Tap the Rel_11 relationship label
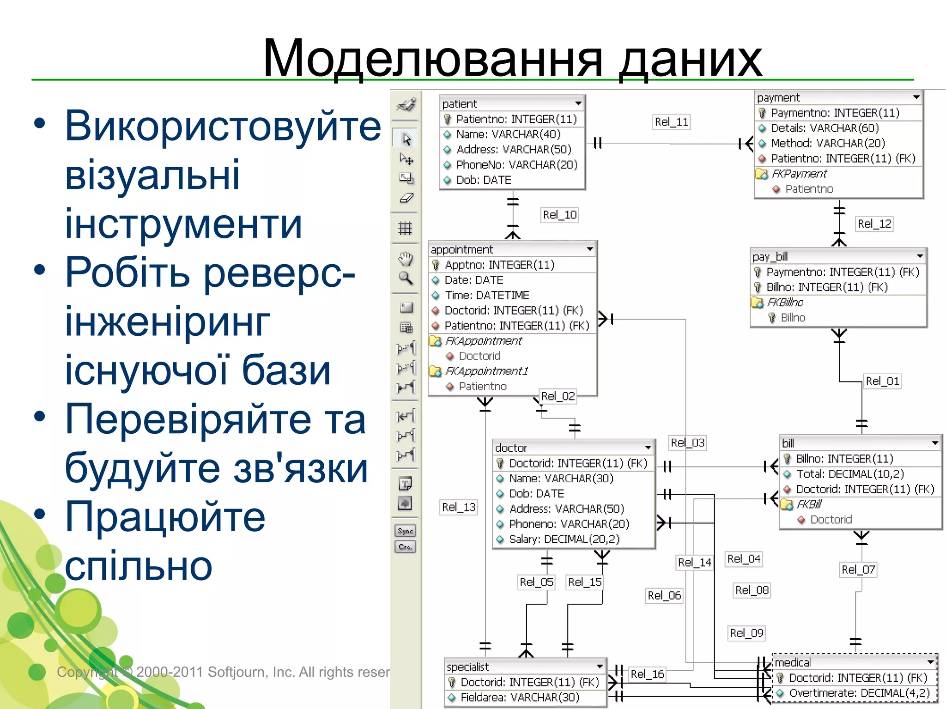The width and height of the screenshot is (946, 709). coord(671,122)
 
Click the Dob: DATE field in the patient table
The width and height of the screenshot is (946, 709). coord(483,180)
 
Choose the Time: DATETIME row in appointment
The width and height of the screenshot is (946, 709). coord(486,295)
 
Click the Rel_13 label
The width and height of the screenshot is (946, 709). coord(458,507)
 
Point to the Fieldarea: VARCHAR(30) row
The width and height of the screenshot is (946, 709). coord(520,697)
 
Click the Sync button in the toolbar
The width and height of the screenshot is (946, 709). coord(405,531)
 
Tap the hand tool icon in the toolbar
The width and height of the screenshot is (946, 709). coord(405,259)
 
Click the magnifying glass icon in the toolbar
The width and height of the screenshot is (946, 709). coord(405,278)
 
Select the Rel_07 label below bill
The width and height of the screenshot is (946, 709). coord(858,570)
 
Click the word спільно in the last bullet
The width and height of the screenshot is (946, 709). coord(138,566)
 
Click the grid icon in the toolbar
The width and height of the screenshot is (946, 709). coord(405,228)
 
